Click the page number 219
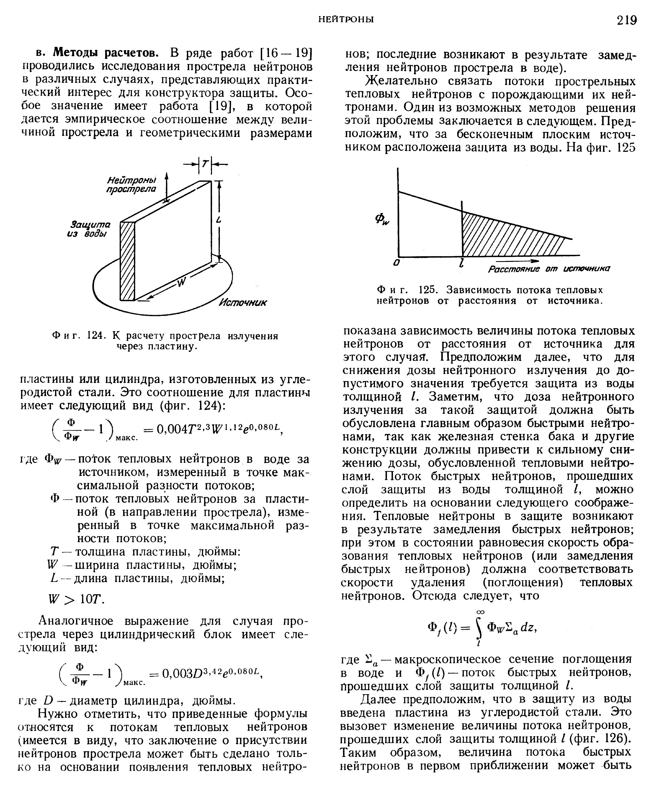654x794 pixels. click(x=626, y=20)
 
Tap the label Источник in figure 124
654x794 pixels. click(x=243, y=303)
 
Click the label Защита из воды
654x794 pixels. click(x=89, y=229)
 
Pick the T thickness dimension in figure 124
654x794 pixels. click(x=205, y=164)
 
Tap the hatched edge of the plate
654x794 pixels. click(x=127, y=261)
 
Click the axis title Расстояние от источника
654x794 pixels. click(x=549, y=269)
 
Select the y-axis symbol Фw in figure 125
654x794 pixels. click(x=382, y=220)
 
